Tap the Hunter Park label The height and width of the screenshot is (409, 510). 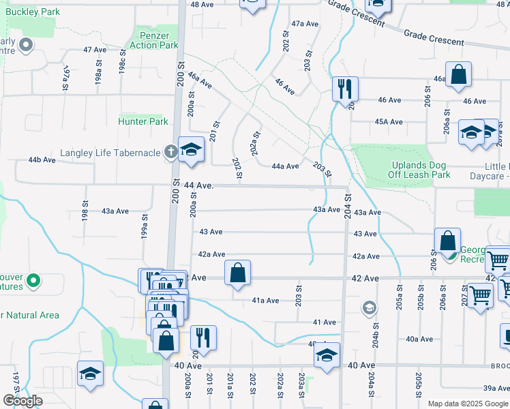point(143,121)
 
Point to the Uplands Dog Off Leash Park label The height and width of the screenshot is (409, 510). point(421,170)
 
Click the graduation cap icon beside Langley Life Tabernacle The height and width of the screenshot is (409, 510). point(192,149)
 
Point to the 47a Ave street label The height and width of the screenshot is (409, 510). point(305,24)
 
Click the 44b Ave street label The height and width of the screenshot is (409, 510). point(42,160)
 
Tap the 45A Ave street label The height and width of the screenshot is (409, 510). point(389,122)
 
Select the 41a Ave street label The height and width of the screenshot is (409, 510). point(265,301)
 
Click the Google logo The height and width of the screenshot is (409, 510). point(22,401)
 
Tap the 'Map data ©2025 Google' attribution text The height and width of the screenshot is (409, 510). point(468,404)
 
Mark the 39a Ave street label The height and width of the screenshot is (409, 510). point(494,388)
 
